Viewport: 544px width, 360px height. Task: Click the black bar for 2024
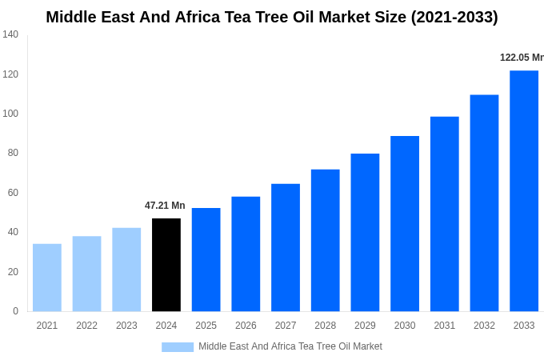click(x=166, y=265)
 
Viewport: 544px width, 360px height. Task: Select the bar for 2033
click(x=524, y=190)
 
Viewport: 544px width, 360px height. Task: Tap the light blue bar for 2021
click(x=47, y=278)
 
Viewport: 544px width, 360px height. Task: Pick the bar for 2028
click(x=326, y=240)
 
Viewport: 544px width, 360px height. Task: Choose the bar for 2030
click(x=405, y=223)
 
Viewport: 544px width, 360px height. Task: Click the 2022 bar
click(x=86, y=274)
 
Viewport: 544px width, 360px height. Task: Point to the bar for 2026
click(x=246, y=254)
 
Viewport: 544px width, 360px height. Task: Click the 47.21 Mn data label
click(x=165, y=206)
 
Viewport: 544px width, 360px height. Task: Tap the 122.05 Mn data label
click(x=522, y=58)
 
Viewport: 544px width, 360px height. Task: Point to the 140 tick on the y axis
click(x=10, y=34)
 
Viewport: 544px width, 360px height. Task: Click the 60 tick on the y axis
click(x=13, y=193)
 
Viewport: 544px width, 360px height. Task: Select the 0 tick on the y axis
click(x=15, y=311)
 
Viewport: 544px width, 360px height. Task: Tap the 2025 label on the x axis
click(x=206, y=326)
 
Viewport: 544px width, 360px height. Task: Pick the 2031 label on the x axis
click(x=445, y=326)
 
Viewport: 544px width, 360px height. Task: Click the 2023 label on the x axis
click(x=126, y=326)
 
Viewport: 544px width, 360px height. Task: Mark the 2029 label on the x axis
click(x=365, y=326)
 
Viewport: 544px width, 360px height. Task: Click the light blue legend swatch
click(x=178, y=346)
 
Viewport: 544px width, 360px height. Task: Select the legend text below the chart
click(x=290, y=346)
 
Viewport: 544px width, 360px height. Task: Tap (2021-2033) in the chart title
click(x=454, y=17)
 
